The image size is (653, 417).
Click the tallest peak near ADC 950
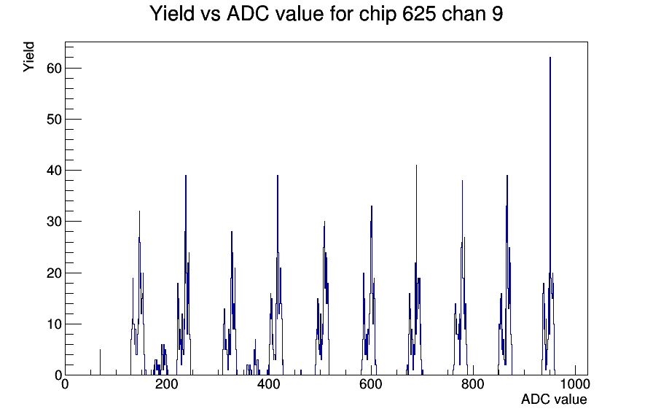click(550, 58)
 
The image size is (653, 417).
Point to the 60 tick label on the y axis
click(54, 69)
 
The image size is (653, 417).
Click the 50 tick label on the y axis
click(54, 120)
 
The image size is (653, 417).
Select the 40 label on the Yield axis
click(54, 171)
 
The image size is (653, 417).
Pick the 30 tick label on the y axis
click(54, 222)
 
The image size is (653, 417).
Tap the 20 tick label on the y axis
click(54, 273)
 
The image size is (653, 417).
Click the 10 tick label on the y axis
click(54, 324)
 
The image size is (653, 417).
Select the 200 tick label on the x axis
click(167, 384)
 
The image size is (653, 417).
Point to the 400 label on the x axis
click(269, 384)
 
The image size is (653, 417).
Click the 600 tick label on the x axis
click(371, 384)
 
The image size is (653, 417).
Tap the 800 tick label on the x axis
click(473, 384)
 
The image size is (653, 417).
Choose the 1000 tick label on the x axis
click(575, 384)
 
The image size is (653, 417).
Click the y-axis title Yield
click(28, 57)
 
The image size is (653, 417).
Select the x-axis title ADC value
click(554, 400)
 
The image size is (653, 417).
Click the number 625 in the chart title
click(419, 14)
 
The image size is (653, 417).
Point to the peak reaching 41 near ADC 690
click(416, 165)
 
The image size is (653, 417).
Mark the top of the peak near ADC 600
click(372, 206)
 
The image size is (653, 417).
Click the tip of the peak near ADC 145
click(139, 211)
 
